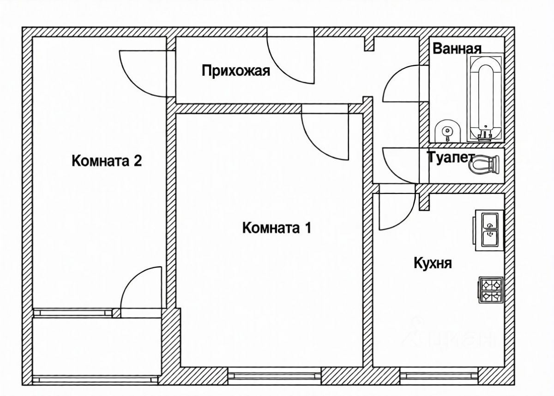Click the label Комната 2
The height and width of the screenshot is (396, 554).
(x=106, y=161)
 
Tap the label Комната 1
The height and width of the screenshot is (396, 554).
(x=277, y=228)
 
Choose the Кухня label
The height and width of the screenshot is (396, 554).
(x=433, y=264)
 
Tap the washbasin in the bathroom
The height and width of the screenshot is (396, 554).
(x=447, y=131)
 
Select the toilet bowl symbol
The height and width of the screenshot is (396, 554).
(x=485, y=164)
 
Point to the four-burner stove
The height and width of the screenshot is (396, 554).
(x=490, y=290)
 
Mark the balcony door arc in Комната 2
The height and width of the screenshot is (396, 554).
(x=138, y=288)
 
